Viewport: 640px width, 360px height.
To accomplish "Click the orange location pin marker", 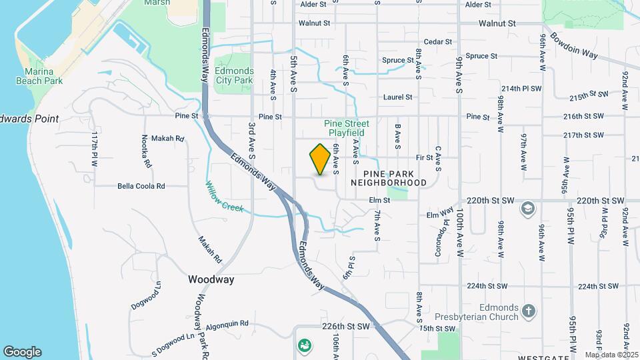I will (320, 159).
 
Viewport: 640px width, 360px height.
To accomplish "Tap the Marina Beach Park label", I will (43, 76).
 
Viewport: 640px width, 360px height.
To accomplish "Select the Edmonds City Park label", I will (235, 75).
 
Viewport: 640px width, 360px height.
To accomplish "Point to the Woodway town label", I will (211, 279).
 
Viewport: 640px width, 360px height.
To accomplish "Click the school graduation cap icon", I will (527, 209).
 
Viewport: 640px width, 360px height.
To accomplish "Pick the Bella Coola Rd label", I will (141, 186).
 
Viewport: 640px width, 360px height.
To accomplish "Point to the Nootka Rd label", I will (145, 151).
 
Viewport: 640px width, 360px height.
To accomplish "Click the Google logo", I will (22, 351).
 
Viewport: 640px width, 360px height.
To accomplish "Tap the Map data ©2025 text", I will (611, 355).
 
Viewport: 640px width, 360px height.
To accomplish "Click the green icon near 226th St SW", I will (304, 345).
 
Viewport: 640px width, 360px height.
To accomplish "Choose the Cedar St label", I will (438, 41).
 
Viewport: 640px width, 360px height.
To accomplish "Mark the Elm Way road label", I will (440, 215).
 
